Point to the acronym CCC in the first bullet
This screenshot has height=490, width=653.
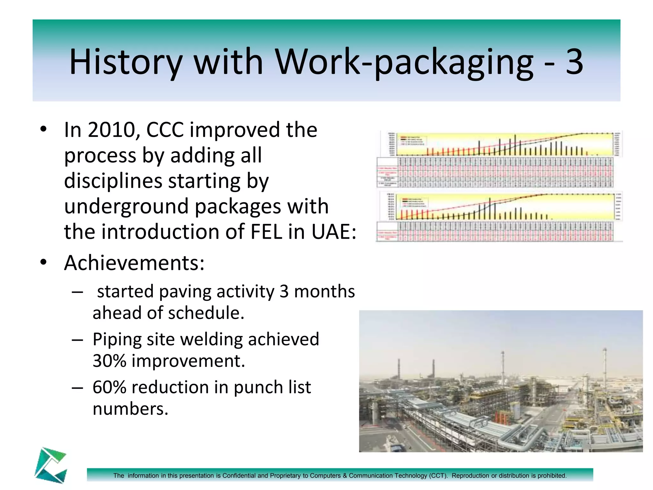(x=165, y=130)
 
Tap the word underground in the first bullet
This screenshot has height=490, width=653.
(x=126, y=206)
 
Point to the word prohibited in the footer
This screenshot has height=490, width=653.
(x=552, y=476)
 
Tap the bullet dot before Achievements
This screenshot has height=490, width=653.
(x=44, y=262)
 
